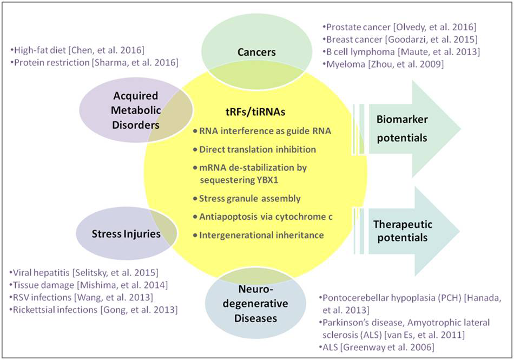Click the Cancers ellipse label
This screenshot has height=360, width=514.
[257, 52]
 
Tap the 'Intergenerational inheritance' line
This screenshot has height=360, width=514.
[261, 234]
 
